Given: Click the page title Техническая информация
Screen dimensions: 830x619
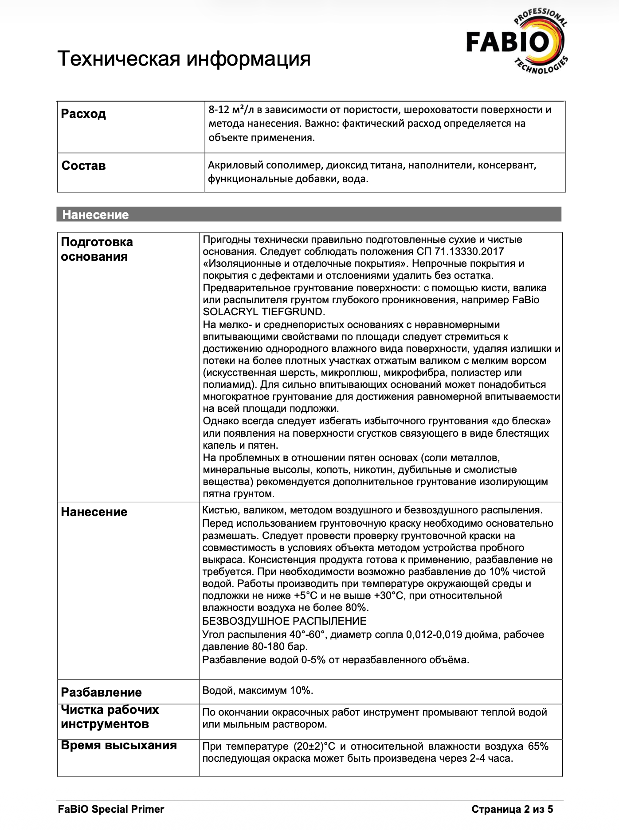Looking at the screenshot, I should (184, 59).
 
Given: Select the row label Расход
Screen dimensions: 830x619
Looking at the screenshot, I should (83, 114).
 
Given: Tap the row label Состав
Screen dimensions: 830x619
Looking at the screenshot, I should (83, 166).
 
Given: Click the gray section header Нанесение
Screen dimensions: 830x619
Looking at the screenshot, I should (95, 215).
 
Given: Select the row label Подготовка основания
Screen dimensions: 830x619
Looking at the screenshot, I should (97, 249).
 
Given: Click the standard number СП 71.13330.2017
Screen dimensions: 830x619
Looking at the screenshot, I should (460, 252).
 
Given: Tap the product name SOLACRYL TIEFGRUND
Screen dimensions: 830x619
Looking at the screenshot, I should (264, 312).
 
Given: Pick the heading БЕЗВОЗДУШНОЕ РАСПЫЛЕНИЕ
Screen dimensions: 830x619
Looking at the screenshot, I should (284, 621).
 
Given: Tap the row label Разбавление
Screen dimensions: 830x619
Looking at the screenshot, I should (101, 692).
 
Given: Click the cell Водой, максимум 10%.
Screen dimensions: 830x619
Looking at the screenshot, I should (258, 690).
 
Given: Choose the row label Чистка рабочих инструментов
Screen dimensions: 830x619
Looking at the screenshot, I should (110, 717).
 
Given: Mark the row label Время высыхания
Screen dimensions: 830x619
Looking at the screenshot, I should (119, 745).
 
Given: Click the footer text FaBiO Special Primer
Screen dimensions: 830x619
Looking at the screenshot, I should (111, 809).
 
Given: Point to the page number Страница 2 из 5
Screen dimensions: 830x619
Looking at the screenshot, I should (512, 809).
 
